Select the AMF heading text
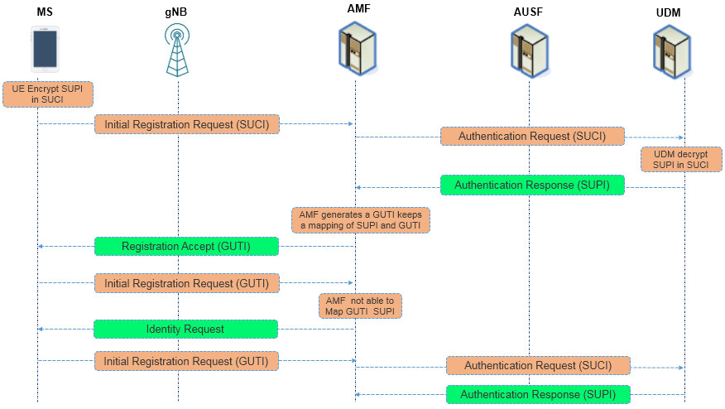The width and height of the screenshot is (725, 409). [x=358, y=9]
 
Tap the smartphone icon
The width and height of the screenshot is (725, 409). [x=45, y=49]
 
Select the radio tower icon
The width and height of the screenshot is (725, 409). [x=176, y=50]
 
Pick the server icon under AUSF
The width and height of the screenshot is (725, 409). [x=529, y=49]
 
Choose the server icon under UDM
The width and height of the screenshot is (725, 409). [x=671, y=49]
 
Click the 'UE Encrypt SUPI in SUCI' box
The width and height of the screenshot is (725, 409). [x=47, y=94]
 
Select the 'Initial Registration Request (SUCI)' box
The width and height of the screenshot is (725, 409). [x=186, y=124]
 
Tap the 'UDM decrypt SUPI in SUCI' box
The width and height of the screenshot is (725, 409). [x=675, y=159]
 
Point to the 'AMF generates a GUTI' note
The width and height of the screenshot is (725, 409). [x=361, y=219]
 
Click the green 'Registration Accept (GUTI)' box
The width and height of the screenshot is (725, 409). [x=186, y=247]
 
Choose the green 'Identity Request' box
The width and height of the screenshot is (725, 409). [x=185, y=329]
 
